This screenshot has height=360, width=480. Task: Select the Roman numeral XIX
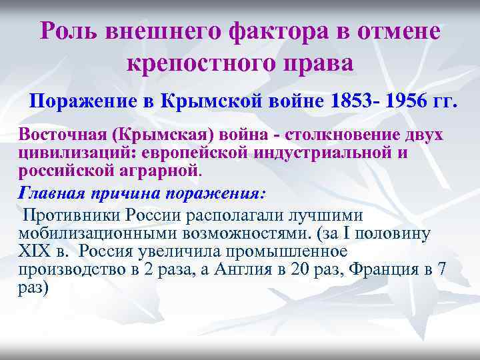point(35,251)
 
